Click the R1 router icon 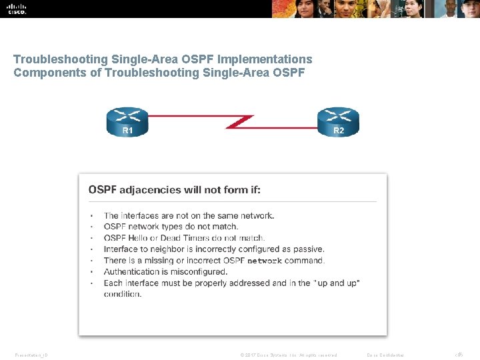[x=127, y=122]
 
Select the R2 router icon [x=338, y=122]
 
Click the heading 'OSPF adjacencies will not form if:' [x=175, y=190]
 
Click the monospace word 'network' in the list [x=265, y=261]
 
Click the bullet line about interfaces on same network [x=189, y=215]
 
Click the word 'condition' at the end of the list [x=121, y=294]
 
